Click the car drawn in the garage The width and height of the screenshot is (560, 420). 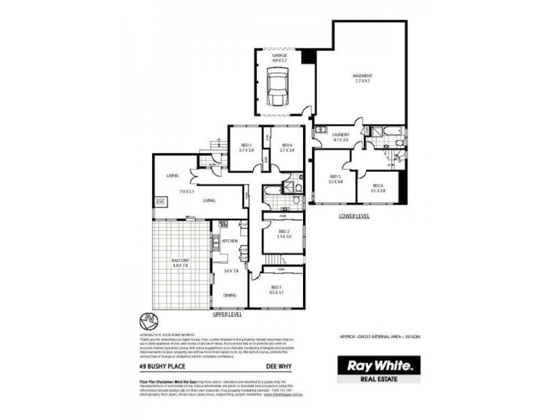[277, 89]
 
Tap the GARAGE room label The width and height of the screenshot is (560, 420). [280, 55]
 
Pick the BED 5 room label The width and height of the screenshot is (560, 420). [335, 176]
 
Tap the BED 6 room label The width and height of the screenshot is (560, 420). [377, 185]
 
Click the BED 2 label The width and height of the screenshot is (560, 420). [283, 231]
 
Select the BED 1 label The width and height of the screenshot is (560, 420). [277, 287]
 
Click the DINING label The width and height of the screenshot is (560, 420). [230, 295]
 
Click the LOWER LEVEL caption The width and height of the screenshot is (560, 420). [353, 216]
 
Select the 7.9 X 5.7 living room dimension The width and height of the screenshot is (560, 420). [188, 191]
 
